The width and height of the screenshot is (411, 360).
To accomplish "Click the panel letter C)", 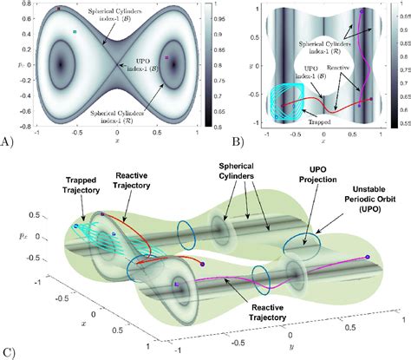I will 8,352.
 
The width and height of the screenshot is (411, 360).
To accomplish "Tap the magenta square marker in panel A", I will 167,60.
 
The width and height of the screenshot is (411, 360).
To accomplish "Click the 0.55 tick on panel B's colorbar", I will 403,123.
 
